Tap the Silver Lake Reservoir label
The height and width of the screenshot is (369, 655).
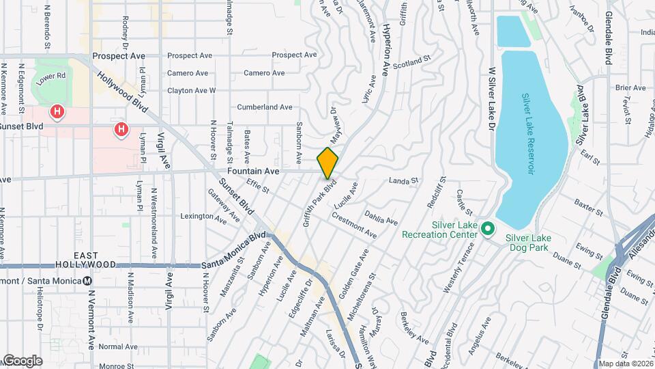[x=527, y=135]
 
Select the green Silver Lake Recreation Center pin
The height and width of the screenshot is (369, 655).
[x=487, y=228]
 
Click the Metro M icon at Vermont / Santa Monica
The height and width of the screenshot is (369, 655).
[x=87, y=281]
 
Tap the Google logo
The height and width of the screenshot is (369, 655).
[x=22, y=360]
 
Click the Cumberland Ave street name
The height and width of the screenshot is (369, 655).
[x=264, y=107]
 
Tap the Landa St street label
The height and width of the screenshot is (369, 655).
[x=403, y=181]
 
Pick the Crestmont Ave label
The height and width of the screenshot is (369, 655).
[x=353, y=225]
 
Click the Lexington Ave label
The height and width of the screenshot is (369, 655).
[x=202, y=216]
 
